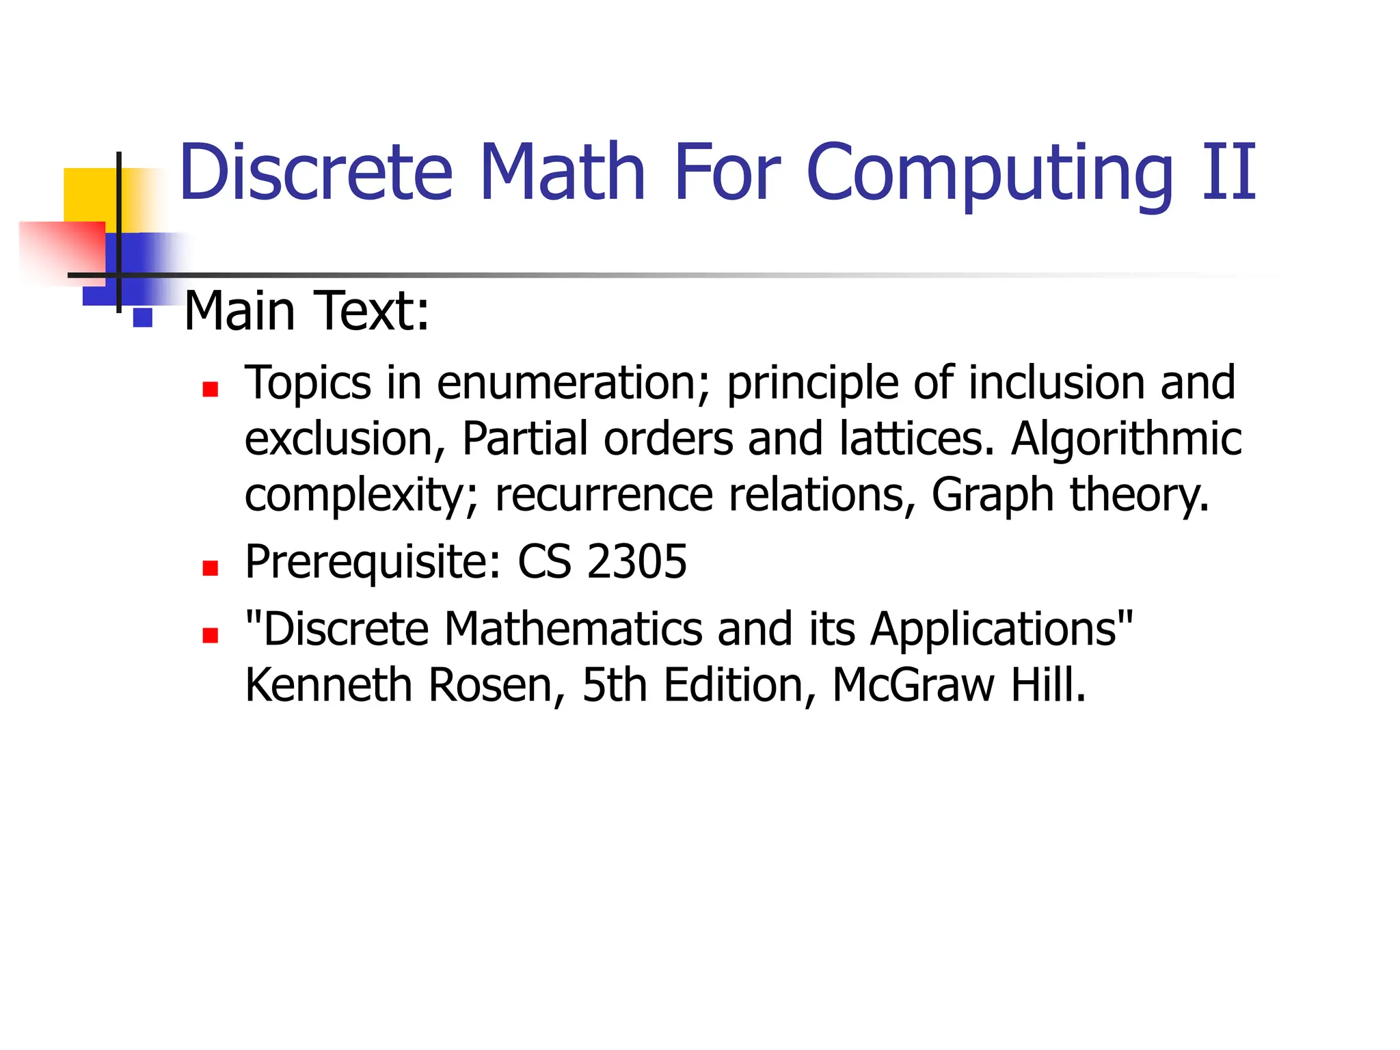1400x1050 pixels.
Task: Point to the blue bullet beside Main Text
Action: pos(142,318)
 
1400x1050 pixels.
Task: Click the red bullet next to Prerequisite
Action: pos(210,567)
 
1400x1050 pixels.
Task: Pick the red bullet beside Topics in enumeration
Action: pos(210,389)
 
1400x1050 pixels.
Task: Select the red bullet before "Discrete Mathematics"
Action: pos(210,635)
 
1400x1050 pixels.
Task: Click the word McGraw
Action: pos(913,685)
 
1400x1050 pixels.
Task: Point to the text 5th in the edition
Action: pos(614,685)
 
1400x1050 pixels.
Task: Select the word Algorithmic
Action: pos(1127,438)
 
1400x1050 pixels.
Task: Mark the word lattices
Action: pos(916,438)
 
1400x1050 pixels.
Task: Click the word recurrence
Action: pos(604,494)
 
